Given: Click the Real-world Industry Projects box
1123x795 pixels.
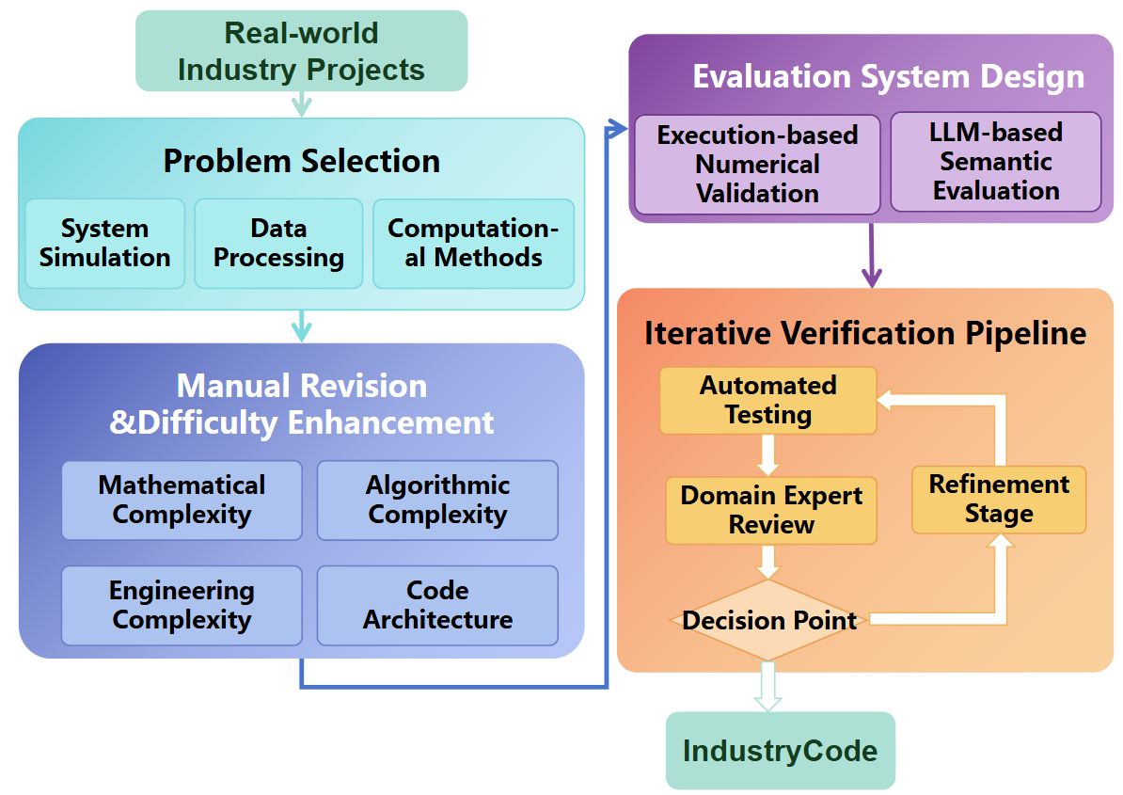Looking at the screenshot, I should point(301,51).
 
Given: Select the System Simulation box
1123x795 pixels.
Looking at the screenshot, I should point(104,243).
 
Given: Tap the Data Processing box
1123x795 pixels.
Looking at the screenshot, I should point(278,243).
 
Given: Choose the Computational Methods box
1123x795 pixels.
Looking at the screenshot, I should point(473,243).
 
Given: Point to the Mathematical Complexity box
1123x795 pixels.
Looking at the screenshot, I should point(182,500).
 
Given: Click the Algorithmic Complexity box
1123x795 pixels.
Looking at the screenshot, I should point(437,500).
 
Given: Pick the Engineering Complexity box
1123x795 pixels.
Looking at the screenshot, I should point(182,605).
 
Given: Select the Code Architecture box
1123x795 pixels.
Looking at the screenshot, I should point(437,605).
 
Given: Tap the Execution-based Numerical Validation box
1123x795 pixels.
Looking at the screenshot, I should point(757,165).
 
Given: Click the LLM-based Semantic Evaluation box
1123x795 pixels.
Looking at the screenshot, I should point(995,162).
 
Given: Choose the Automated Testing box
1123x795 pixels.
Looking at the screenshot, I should point(767,400).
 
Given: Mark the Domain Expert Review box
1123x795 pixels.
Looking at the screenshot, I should point(770,510).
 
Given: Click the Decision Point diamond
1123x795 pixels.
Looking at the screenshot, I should point(768,620).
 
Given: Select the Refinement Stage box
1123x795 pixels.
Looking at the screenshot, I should point(999,499).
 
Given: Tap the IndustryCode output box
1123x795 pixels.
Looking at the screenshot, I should point(780,751).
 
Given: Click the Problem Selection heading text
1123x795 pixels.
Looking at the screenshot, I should point(301,161).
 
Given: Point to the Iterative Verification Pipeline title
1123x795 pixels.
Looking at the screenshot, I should point(864,333).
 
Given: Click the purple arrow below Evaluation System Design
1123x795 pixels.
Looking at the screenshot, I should point(872,256).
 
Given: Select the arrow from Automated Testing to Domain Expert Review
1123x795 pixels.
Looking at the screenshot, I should point(768,455).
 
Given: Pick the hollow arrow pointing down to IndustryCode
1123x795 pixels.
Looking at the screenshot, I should point(768,686).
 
